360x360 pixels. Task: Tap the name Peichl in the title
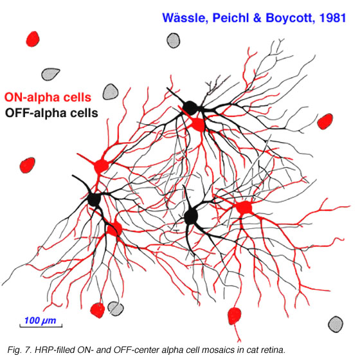[231, 18]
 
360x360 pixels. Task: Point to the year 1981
[333, 18]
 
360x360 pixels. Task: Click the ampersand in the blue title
[257, 18]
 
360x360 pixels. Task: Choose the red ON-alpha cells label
[48, 97]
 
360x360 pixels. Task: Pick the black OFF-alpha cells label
[51, 113]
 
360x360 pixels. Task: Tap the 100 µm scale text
[40, 320]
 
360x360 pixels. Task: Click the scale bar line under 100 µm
[41, 326]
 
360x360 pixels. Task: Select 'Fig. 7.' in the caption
[19, 350]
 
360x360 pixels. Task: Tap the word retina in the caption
[273, 350]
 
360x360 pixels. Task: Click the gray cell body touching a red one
[116, 309]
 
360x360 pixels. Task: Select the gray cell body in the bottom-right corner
[336, 324]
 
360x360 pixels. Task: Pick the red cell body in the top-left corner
[33, 39]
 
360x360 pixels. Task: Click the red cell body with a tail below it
[235, 316]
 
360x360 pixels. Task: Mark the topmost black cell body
[190, 108]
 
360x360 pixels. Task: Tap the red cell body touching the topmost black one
[198, 125]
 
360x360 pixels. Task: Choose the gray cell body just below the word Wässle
[174, 40]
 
